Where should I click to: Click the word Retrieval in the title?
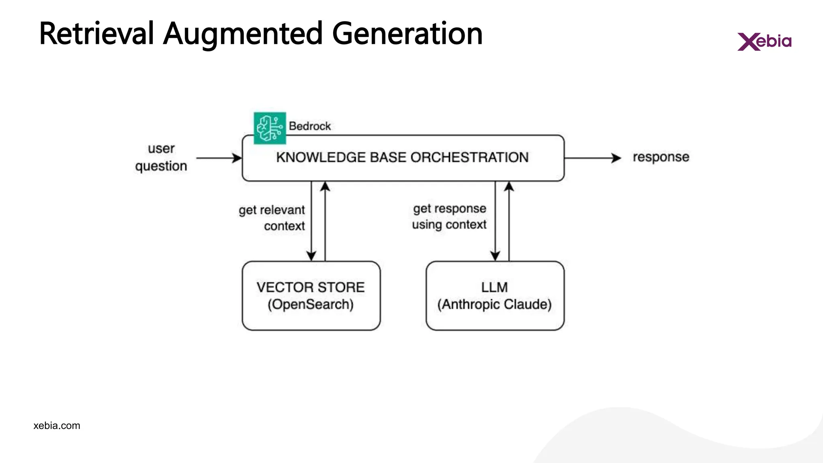coord(96,34)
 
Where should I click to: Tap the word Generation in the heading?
coord(407,34)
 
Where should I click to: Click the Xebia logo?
coord(764,41)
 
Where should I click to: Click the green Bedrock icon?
coord(270,128)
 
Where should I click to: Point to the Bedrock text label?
coord(309,126)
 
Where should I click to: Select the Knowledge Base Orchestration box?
coord(403,158)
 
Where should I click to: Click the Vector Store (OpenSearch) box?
coord(311,296)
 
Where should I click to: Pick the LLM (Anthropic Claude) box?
coord(495,296)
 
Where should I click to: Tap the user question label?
coord(161,157)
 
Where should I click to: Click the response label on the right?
coord(661,157)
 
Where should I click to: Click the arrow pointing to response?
coord(593,158)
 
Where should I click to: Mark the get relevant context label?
coord(272,218)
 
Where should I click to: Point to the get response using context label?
coord(449,217)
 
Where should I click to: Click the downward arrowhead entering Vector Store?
coord(311,256)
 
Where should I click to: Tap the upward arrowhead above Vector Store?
coord(325,186)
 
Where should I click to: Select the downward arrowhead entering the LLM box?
coord(495,256)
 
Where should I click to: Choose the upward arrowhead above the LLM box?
coord(509,186)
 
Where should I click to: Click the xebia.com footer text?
coord(57,426)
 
